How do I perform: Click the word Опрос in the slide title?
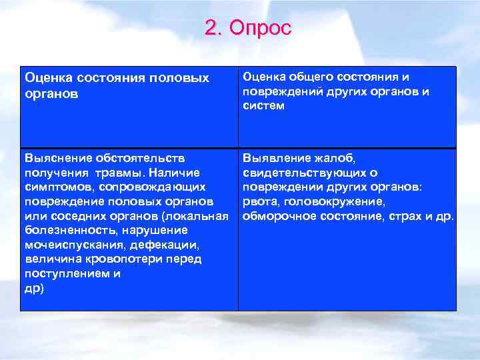pyautogui.click(x=260, y=28)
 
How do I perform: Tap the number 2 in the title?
pyautogui.click(x=211, y=28)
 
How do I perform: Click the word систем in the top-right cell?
pyautogui.click(x=264, y=105)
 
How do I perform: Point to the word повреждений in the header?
pyautogui.click(x=281, y=91)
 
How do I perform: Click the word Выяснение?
pyautogui.click(x=57, y=159)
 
